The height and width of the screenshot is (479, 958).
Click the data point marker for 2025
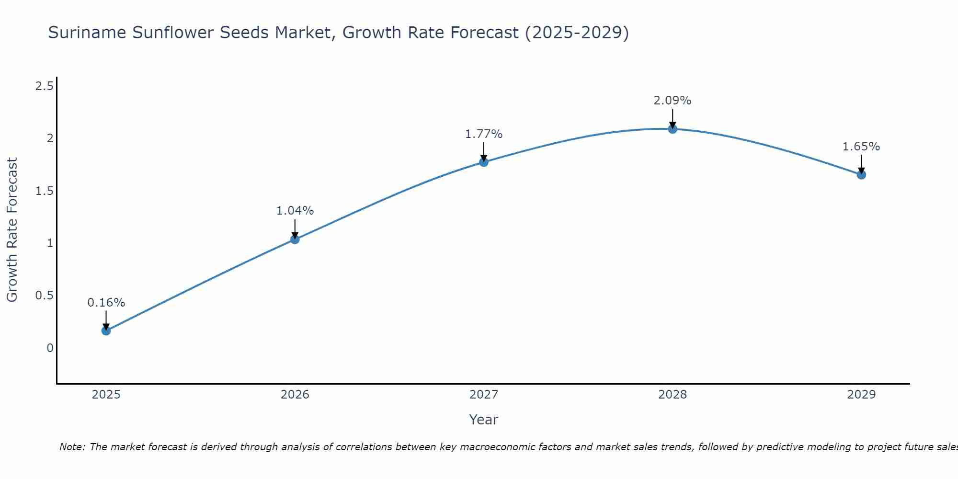(x=106, y=331)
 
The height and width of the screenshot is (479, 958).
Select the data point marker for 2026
(x=295, y=239)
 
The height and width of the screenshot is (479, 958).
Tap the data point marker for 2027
(x=483, y=162)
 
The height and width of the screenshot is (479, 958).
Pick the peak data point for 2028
(x=672, y=129)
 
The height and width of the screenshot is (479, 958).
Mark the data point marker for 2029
(x=861, y=175)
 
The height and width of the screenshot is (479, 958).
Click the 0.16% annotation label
(x=106, y=303)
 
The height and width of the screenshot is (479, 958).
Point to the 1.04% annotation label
(x=295, y=211)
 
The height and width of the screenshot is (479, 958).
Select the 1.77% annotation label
(x=483, y=134)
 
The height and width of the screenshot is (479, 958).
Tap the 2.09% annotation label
(x=672, y=101)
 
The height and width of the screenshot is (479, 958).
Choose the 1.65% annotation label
(x=861, y=147)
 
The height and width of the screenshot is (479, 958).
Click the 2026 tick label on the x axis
(x=295, y=395)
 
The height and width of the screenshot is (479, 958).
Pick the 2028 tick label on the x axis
(x=672, y=395)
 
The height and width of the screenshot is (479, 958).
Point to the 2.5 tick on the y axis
(x=44, y=86)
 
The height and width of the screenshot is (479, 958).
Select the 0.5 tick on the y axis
(x=44, y=296)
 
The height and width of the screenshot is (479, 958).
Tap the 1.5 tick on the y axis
(x=44, y=191)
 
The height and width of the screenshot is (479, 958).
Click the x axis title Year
(x=483, y=420)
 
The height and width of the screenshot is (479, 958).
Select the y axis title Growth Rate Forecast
(x=12, y=230)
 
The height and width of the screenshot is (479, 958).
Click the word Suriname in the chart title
(x=87, y=33)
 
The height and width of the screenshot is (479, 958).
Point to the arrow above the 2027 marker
(x=483, y=151)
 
